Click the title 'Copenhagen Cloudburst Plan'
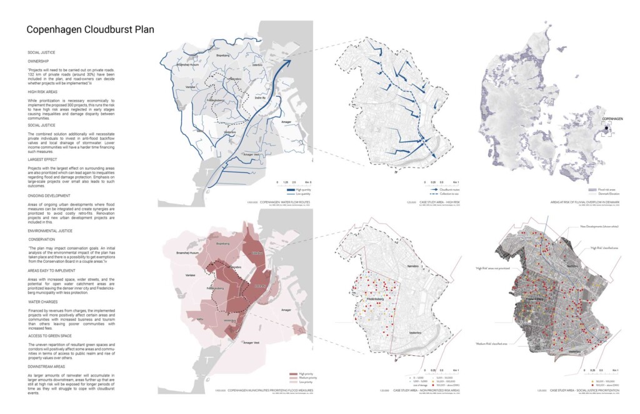[90, 29]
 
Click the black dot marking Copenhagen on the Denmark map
[606, 129]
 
